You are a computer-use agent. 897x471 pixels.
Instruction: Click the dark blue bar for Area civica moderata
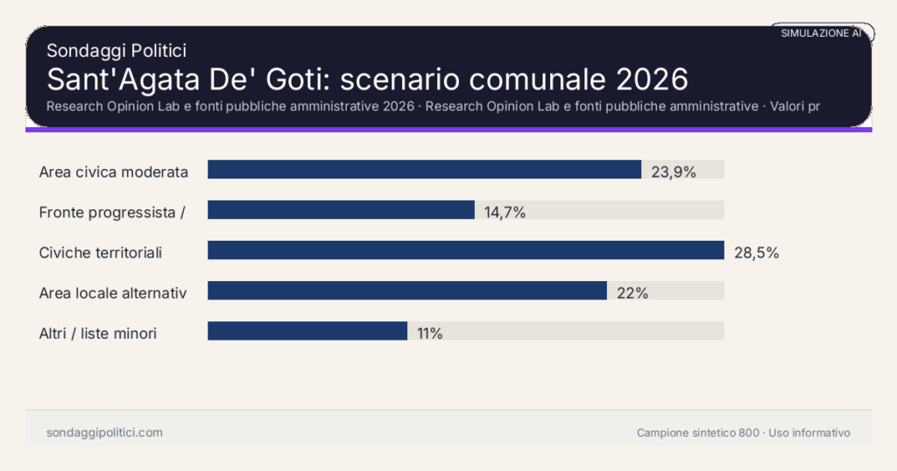424,170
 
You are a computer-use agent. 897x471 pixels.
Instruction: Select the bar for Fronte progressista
341,210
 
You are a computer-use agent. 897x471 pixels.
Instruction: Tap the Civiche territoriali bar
465,250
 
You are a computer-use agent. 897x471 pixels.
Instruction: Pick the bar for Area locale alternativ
406,291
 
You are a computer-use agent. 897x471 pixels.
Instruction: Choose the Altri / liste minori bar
307,331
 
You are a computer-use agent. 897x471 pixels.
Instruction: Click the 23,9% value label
673,172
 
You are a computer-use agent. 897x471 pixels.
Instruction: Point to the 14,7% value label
505,212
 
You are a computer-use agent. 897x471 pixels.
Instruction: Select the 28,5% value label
756,252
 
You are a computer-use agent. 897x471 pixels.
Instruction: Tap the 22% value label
632,292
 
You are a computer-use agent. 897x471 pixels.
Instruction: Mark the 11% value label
429,333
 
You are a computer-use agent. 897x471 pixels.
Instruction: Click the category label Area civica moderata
114,172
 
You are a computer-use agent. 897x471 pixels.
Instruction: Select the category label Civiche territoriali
101,252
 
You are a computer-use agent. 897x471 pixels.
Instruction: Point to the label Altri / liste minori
98,333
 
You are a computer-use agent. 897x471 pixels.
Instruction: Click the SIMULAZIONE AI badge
821,32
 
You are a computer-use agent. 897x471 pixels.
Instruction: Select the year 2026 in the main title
651,79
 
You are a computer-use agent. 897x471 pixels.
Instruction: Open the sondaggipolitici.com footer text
104,432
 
